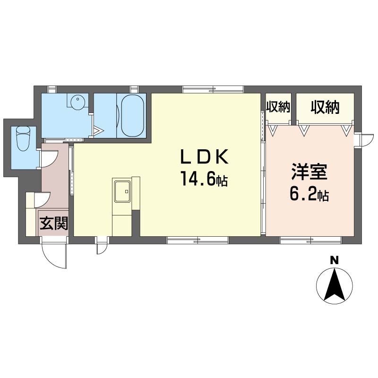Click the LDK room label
pos(204,156)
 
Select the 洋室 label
pos(309,172)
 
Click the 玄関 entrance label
pos(54,223)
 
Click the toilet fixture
pos(23,139)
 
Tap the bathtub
pos(133,116)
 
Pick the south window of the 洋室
pos(311,241)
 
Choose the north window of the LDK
pos(213,89)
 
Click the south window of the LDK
pos(198,241)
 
